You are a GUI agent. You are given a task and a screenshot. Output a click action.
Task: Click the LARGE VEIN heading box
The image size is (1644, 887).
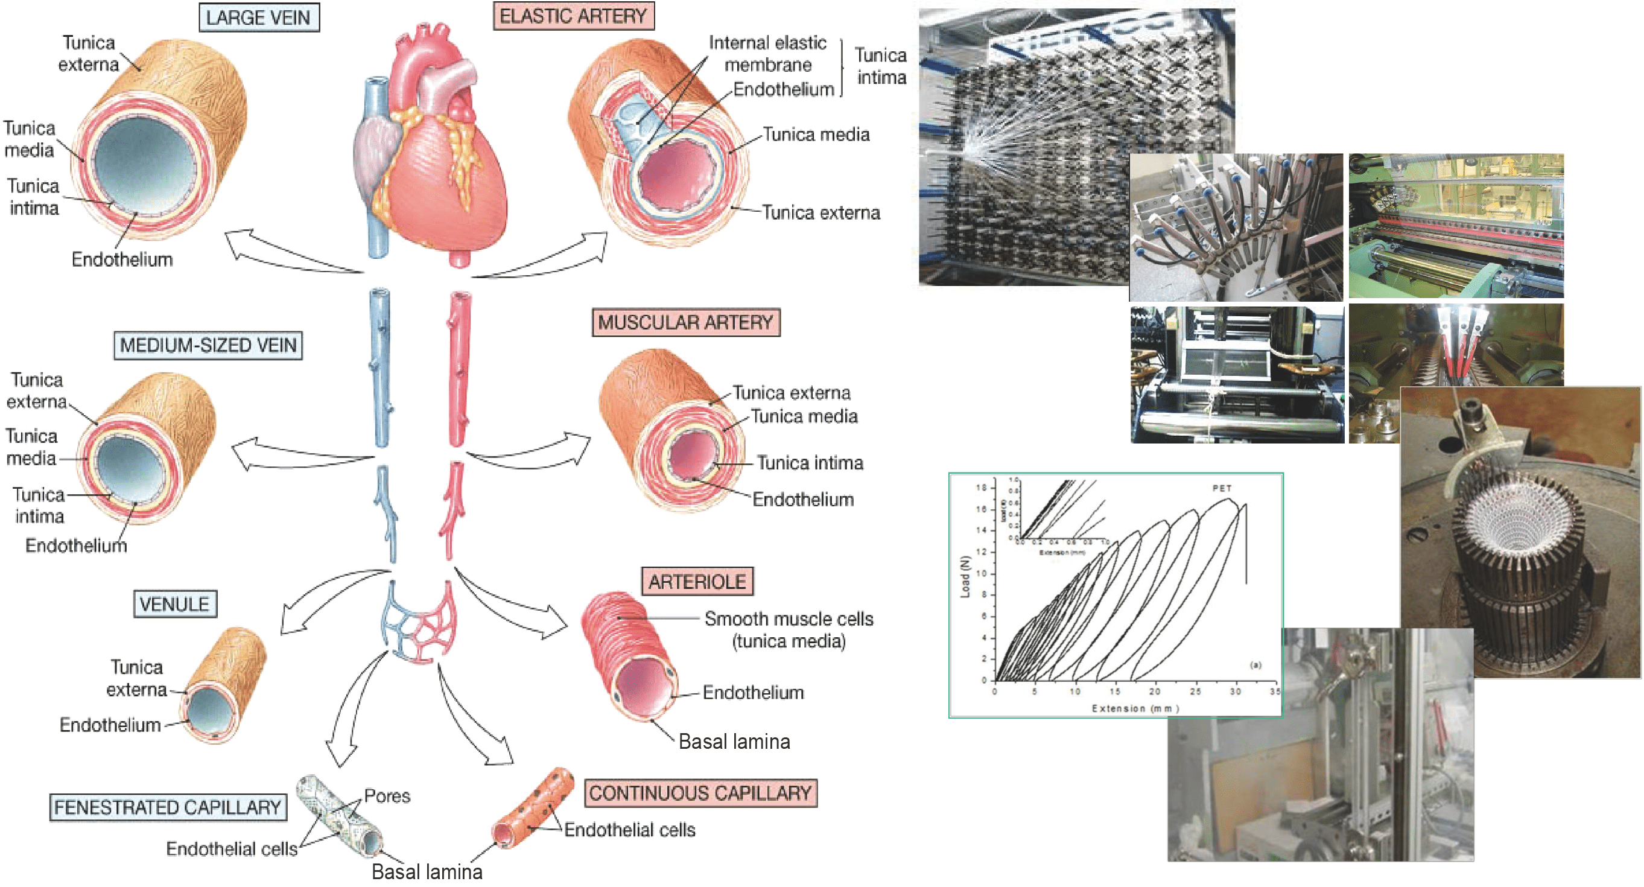pos(258,17)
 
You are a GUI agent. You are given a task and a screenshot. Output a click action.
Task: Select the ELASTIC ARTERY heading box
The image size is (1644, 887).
pos(573,16)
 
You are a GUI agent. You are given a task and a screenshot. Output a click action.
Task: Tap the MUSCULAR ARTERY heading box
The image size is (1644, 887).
pos(685,322)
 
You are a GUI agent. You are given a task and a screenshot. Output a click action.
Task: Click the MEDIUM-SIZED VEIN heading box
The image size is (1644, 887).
pos(208,345)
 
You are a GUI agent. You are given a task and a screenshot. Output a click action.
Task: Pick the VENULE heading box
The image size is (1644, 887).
pos(174,603)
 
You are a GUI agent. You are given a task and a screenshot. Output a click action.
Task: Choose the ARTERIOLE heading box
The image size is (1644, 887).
pos(697,581)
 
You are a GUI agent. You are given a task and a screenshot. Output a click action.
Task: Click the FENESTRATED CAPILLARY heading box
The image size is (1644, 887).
pos(167,807)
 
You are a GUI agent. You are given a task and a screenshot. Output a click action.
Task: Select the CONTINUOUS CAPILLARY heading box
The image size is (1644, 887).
pos(700,793)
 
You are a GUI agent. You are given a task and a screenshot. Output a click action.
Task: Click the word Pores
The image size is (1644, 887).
pos(387,796)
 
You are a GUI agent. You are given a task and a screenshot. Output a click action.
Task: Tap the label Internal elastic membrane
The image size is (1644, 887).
pos(767,54)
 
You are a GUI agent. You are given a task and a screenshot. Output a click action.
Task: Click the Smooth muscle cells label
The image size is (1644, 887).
pos(789,619)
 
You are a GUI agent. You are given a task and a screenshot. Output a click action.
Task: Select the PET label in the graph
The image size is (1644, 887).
pos(1222,488)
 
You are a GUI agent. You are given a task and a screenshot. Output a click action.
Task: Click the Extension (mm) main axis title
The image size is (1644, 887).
pos(1135,708)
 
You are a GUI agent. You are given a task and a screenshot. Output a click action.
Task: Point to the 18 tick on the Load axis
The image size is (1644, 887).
pos(981,488)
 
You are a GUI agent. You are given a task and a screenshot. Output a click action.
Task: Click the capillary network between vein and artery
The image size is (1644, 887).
pos(419,622)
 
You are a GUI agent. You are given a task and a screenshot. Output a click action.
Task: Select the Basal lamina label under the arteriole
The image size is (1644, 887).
pos(734,742)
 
